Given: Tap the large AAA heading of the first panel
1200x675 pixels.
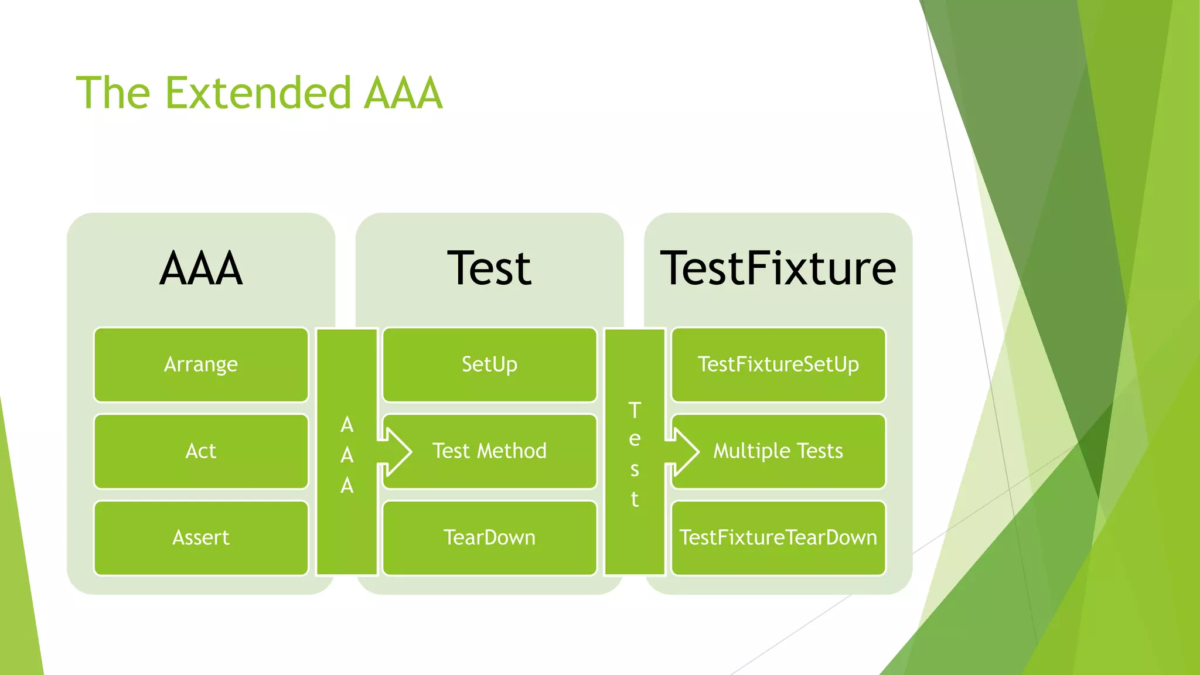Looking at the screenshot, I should point(200,268).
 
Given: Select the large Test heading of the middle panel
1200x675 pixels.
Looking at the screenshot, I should point(489,268).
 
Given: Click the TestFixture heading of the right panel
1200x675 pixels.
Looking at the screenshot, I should point(778,268).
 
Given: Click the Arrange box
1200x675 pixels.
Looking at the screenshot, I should point(200,364).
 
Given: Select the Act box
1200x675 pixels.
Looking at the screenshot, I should point(200,451).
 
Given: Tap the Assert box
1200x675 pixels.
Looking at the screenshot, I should point(200,538).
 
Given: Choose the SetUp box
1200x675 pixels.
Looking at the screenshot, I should point(489,364).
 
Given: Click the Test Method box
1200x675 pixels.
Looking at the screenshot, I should point(489,451).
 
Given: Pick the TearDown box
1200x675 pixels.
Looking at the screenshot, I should point(489,538).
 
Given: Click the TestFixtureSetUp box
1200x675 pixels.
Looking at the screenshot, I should point(778,364).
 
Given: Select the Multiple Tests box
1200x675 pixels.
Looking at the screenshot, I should point(778,451).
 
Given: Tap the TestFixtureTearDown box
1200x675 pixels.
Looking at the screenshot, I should point(778,538).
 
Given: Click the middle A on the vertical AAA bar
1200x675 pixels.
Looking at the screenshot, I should point(347,455).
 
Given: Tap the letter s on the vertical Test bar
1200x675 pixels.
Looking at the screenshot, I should point(635,469).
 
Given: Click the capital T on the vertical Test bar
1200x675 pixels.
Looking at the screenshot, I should point(635,410).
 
